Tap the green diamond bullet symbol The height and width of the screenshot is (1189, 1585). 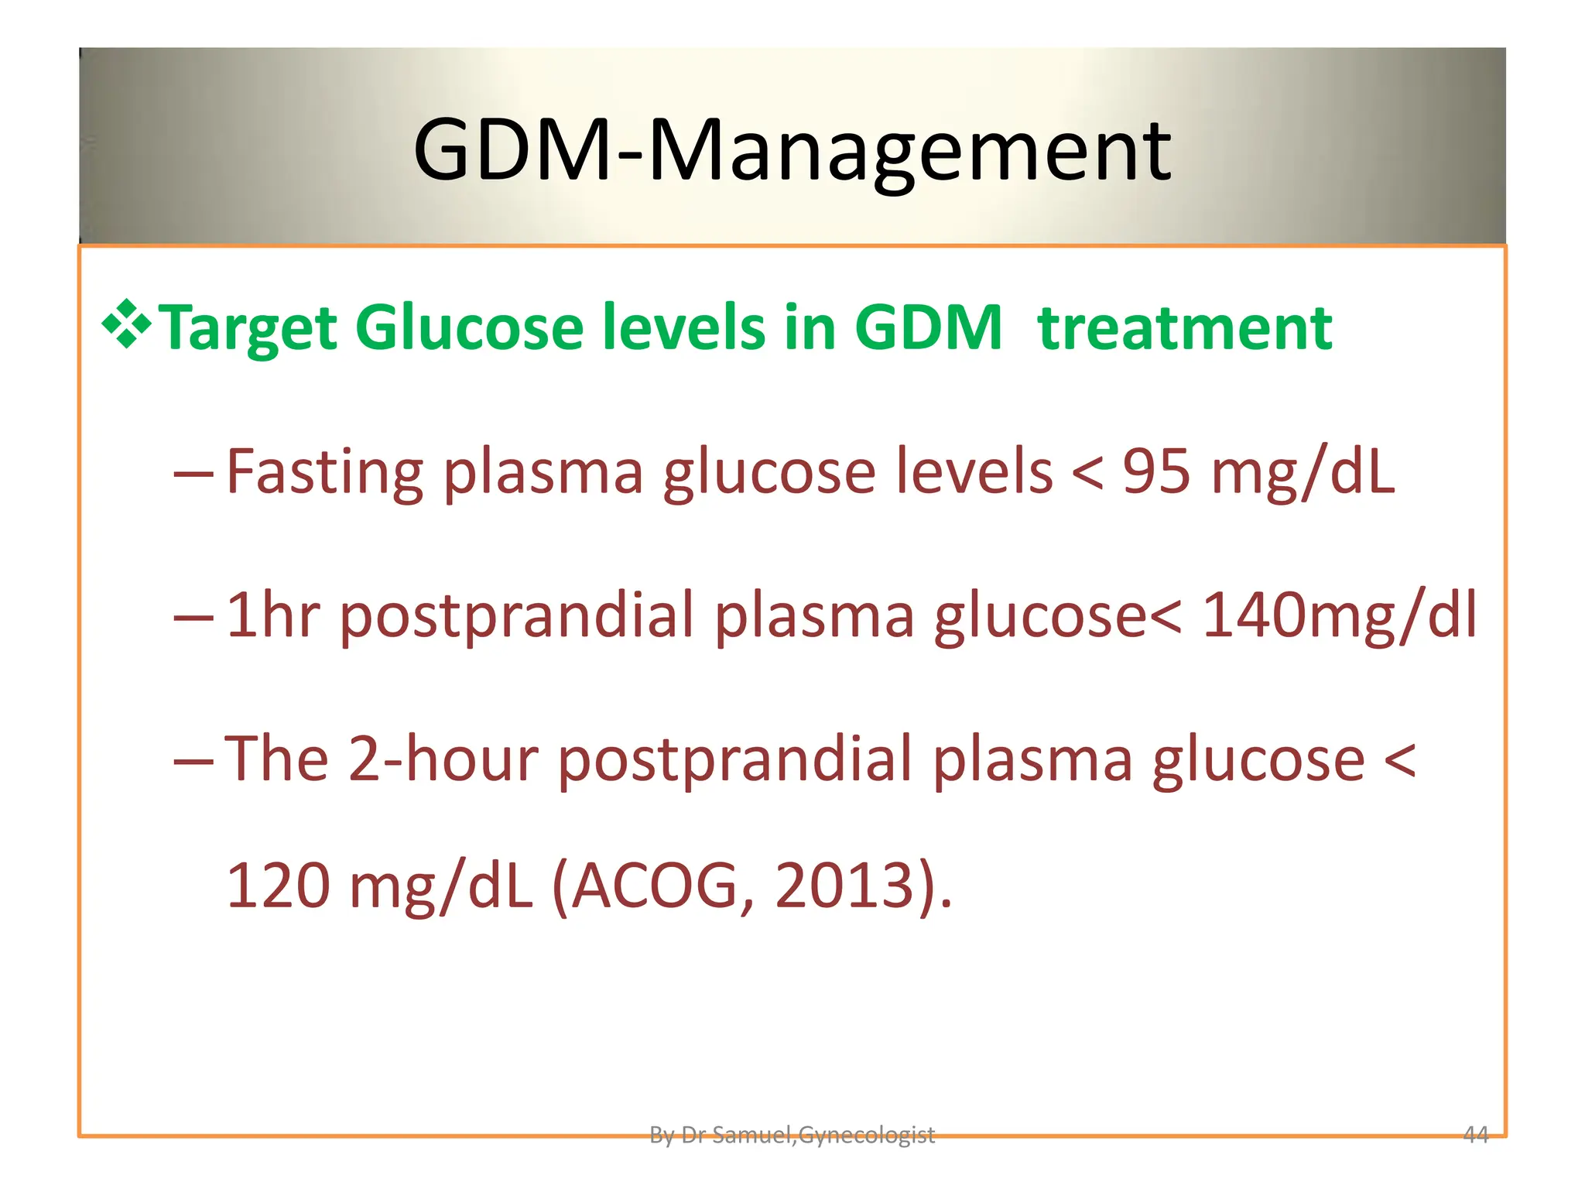pos(126,324)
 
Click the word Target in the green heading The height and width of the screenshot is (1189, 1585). pos(248,329)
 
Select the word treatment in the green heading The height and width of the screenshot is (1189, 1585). pos(1185,327)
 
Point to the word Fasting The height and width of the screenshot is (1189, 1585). pos(325,472)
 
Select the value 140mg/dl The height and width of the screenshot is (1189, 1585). pos(1339,615)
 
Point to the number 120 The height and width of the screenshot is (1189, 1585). pos(278,886)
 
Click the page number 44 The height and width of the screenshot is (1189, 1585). pos(1476,1135)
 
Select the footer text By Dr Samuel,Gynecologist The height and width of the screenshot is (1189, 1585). pos(792,1135)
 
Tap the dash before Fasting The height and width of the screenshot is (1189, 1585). pos(193,472)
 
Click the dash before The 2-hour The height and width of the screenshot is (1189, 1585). pos(193,760)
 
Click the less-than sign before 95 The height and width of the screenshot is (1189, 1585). pos(1087,472)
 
